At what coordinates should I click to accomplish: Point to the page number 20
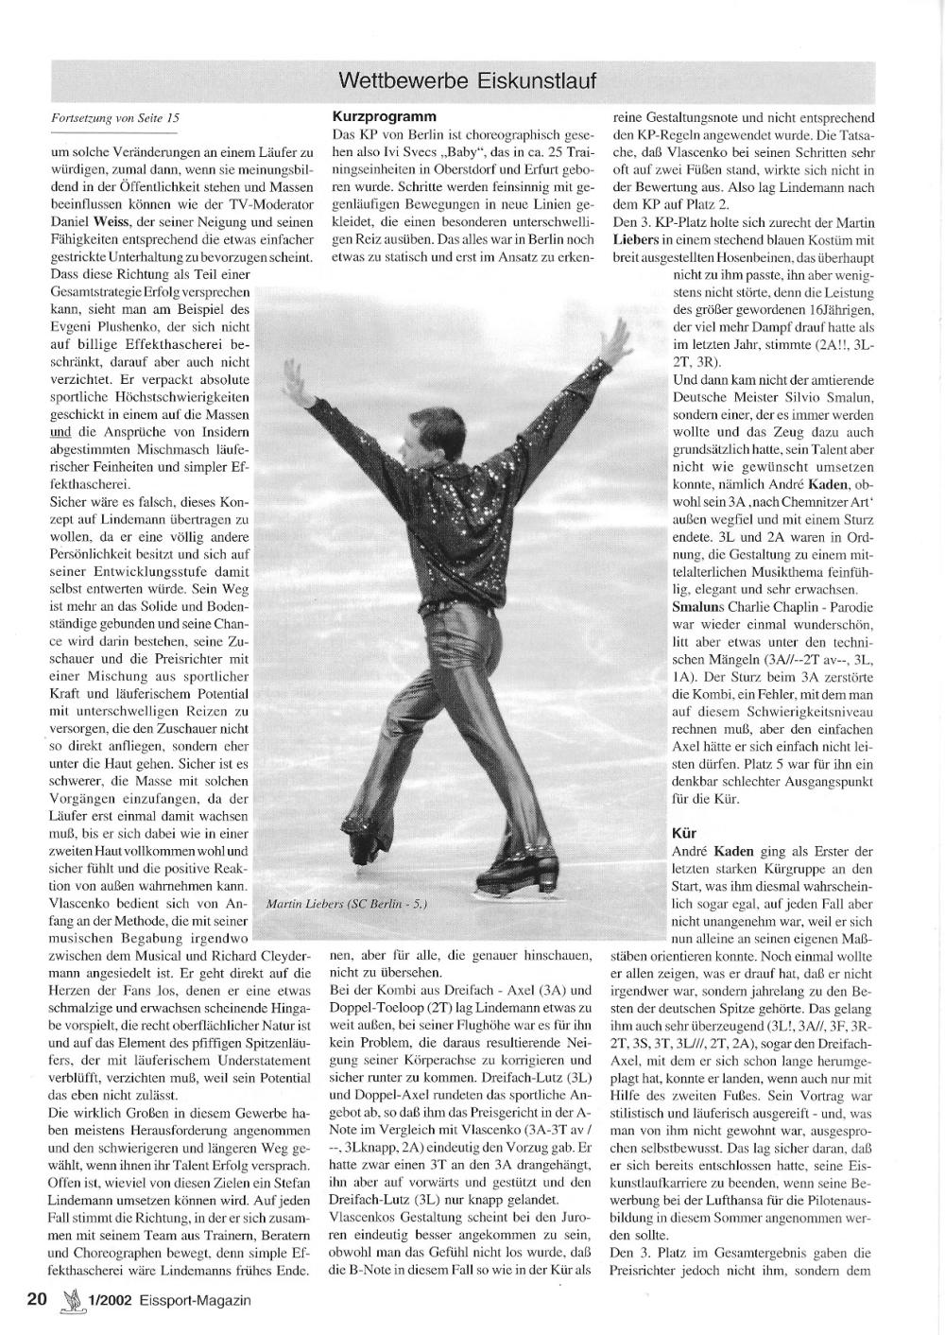pyautogui.click(x=37, y=1299)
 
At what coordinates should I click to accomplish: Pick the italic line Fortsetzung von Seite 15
pyautogui.click(x=114, y=118)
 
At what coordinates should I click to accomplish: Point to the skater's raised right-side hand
pyautogui.click(x=620, y=336)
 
